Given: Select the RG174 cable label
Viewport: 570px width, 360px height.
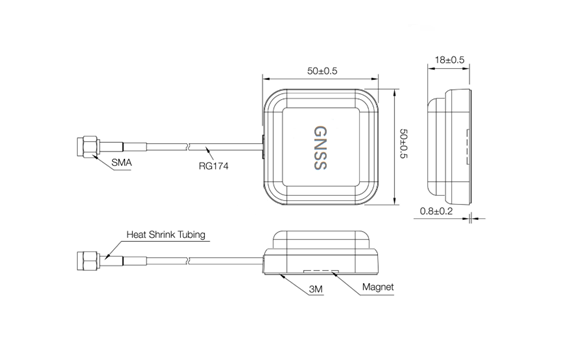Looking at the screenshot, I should tap(212, 167).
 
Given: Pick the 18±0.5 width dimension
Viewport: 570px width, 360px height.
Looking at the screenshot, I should tap(451, 61).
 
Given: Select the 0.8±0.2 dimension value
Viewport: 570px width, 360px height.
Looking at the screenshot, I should tap(437, 211).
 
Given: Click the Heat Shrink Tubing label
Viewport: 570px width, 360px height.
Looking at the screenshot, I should tap(165, 236).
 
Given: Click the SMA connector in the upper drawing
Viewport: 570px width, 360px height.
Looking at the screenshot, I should tap(84, 146).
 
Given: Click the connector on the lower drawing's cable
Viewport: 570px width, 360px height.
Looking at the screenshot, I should tap(84, 261).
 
